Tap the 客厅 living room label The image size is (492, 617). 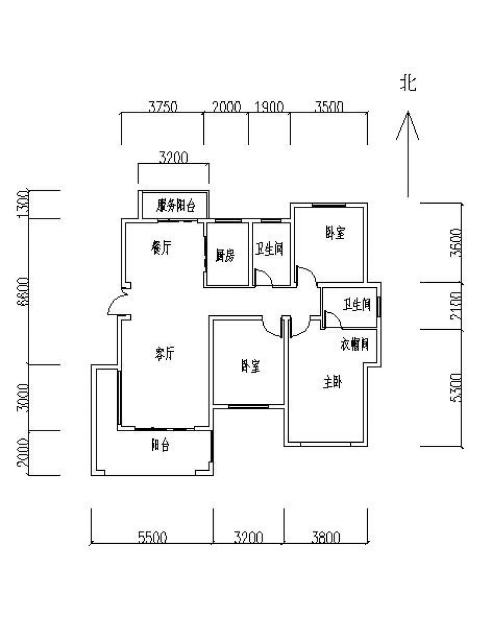[x=165, y=353]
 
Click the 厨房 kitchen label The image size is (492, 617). [x=225, y=255]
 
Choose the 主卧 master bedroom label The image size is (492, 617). [x=332, y=382]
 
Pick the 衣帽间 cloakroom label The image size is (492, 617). [x=354, y=344]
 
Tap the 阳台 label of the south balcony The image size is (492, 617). [x=160, y=445]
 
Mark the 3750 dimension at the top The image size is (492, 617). [x=163, y=107]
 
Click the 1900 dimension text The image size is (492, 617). [x=269, y=107]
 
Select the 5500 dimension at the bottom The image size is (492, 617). [x=152, y=537]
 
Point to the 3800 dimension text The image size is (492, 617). [x=326, y=537]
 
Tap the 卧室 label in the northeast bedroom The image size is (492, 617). [x=335, y=233]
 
